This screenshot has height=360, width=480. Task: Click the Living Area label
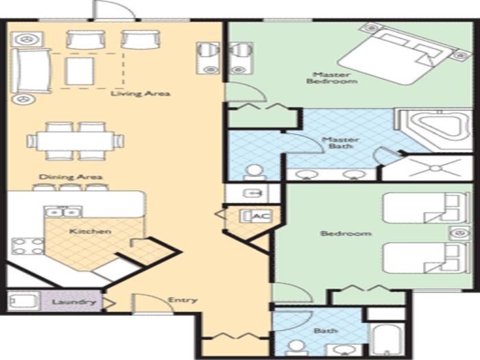140,93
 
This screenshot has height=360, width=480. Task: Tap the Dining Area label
71,177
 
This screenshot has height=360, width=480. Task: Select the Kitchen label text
91,231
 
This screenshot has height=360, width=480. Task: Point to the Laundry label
74,302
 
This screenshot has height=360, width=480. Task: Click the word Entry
182,300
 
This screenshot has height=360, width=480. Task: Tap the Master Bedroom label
332,77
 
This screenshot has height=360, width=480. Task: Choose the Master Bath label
340,143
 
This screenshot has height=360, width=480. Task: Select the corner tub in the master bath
434,130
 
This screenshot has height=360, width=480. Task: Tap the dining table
75,141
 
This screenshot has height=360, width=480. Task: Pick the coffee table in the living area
80,71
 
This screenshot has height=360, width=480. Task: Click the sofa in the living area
30,71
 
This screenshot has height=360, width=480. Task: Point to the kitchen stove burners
28,246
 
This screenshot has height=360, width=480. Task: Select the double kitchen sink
63,212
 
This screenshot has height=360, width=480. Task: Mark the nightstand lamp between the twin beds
460,233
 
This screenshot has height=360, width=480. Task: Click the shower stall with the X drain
428,168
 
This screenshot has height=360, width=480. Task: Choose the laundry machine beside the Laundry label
23,301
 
